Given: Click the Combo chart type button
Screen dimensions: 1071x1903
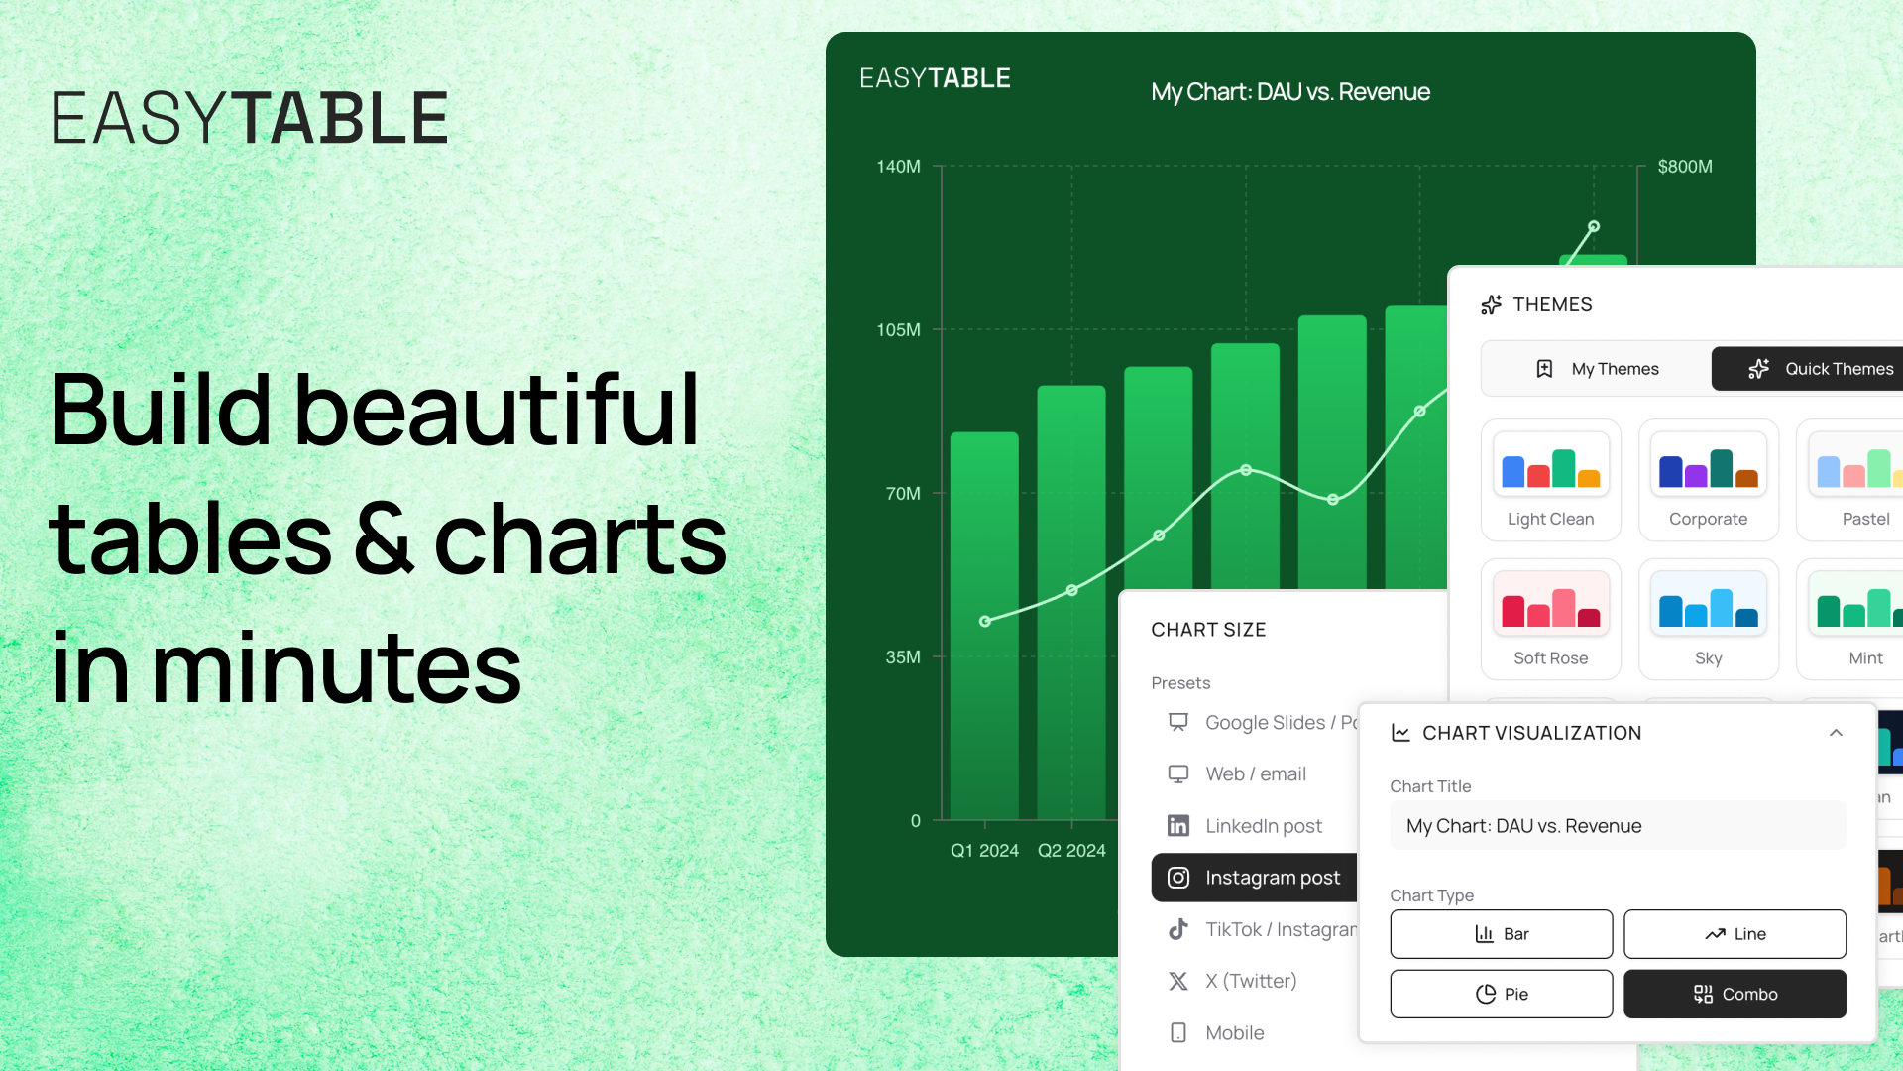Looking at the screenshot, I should pyautogui.click(x=1735, y=994).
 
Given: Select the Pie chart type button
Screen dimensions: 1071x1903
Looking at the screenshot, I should pyautogui.click(x=1501, y=994).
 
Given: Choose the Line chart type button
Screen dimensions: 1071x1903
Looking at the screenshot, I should pyautogui.click(x=1735, y=934).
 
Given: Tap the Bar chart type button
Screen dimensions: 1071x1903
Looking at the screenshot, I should pyautogui.click(x=1501, y=934).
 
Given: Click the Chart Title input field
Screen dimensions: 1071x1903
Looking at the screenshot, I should pyautogui.click(x=1618, y=826).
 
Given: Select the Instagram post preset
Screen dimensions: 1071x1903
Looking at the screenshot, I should pyautogui.click(x=1255, y=878).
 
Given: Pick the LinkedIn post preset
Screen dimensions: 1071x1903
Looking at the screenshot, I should pyautogui.click(x=1255, y=826).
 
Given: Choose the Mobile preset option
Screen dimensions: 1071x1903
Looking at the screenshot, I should pyautogui.click(x=1234, y=1033).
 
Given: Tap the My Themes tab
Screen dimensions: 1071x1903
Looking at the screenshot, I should pyautogui.click(x=1597, y=369).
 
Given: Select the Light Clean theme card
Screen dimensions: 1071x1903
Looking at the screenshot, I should pyautogui.click(x=1550, y=480).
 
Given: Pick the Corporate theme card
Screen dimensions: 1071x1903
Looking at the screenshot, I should pyautogui.click(x=1708, y=480).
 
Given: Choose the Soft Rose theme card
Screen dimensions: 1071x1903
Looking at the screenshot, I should pyautogui.click(x=1550, y=619).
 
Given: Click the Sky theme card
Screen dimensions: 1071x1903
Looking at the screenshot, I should pyautogui.click(x=1708, y=619).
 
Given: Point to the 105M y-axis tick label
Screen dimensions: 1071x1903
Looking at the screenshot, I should pyautogui.click(x=898, y=330).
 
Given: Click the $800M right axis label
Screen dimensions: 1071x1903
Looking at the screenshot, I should pyautogui.click(x=1685, y=167).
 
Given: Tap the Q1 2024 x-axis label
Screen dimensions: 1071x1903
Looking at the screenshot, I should pyautogui.click(x=984, y=851).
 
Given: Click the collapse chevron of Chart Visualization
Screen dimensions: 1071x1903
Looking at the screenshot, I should pyautogui.click(x=1836, y=733).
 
